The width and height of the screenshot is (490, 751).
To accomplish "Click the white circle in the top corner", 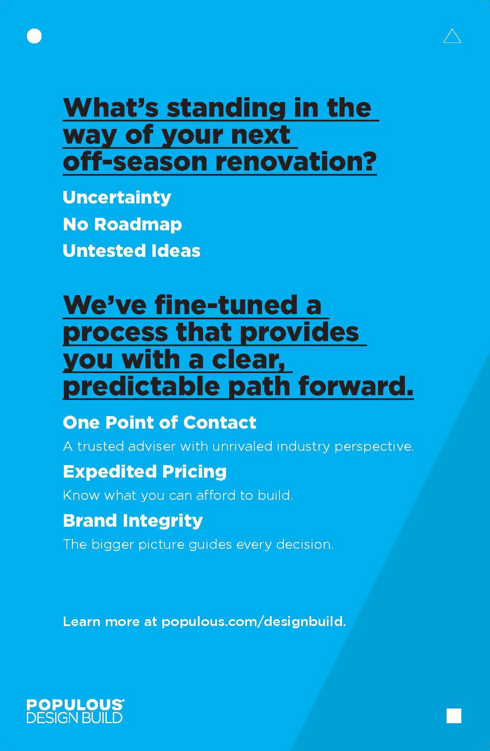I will click(x=34, y=36).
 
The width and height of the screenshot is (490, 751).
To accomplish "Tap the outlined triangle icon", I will click(x=452, y=37).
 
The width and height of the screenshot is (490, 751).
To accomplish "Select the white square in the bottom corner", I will click(x=454, y=715).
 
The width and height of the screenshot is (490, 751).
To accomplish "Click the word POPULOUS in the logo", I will click(x=75, y=705).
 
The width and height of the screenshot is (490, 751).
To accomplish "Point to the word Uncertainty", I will click(x=117, y=197).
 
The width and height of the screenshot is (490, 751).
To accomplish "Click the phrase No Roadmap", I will click(x=122, y=224).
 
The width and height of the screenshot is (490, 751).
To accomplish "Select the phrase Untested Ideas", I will click(x=131, y=251).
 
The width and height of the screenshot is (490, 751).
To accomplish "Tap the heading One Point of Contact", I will click(x=159, y=423).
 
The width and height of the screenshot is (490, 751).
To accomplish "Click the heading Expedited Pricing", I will click(x=145, y=472).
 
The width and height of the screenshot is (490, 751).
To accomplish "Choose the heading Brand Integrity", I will click(x=132, y=521).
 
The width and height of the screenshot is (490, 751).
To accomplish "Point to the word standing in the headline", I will click(x=226, y=108).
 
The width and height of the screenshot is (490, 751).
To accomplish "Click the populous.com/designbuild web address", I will click(x=253, y=622).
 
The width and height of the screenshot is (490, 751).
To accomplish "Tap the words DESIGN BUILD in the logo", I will click(x=74, y=718).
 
